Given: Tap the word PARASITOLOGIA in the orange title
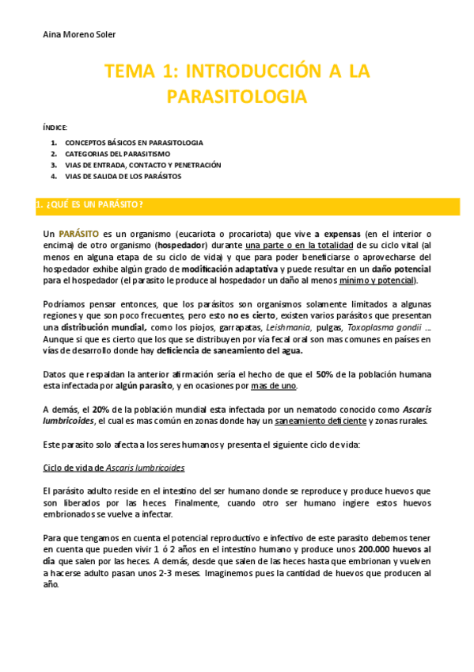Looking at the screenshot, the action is click(x=236, y=97).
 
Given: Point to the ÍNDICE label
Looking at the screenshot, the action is click(x=55, y=127).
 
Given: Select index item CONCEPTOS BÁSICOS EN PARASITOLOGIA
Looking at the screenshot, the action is click(x=134, y=143).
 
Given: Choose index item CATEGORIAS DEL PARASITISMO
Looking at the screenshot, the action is click(x=119, y=154).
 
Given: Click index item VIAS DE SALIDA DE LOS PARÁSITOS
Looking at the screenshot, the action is click(x=123, y=176).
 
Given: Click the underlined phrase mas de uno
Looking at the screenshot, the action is click(x=273, y=386).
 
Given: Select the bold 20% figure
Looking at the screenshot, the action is click(x=100, y=409).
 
